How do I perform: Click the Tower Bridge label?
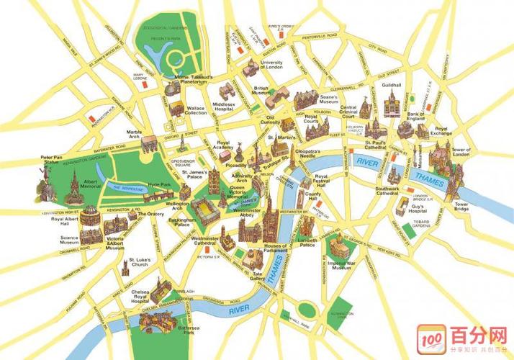(461, 206)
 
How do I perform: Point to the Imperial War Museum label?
(339, 264)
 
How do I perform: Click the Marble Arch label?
(135, 135)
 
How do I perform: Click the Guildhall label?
(392, 85)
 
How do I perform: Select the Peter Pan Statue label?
(50, 160)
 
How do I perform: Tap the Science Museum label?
(70, 240)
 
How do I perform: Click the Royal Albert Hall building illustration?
(89, 215)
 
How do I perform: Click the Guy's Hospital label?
(418, 210)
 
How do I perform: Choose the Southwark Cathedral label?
(387, 192)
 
